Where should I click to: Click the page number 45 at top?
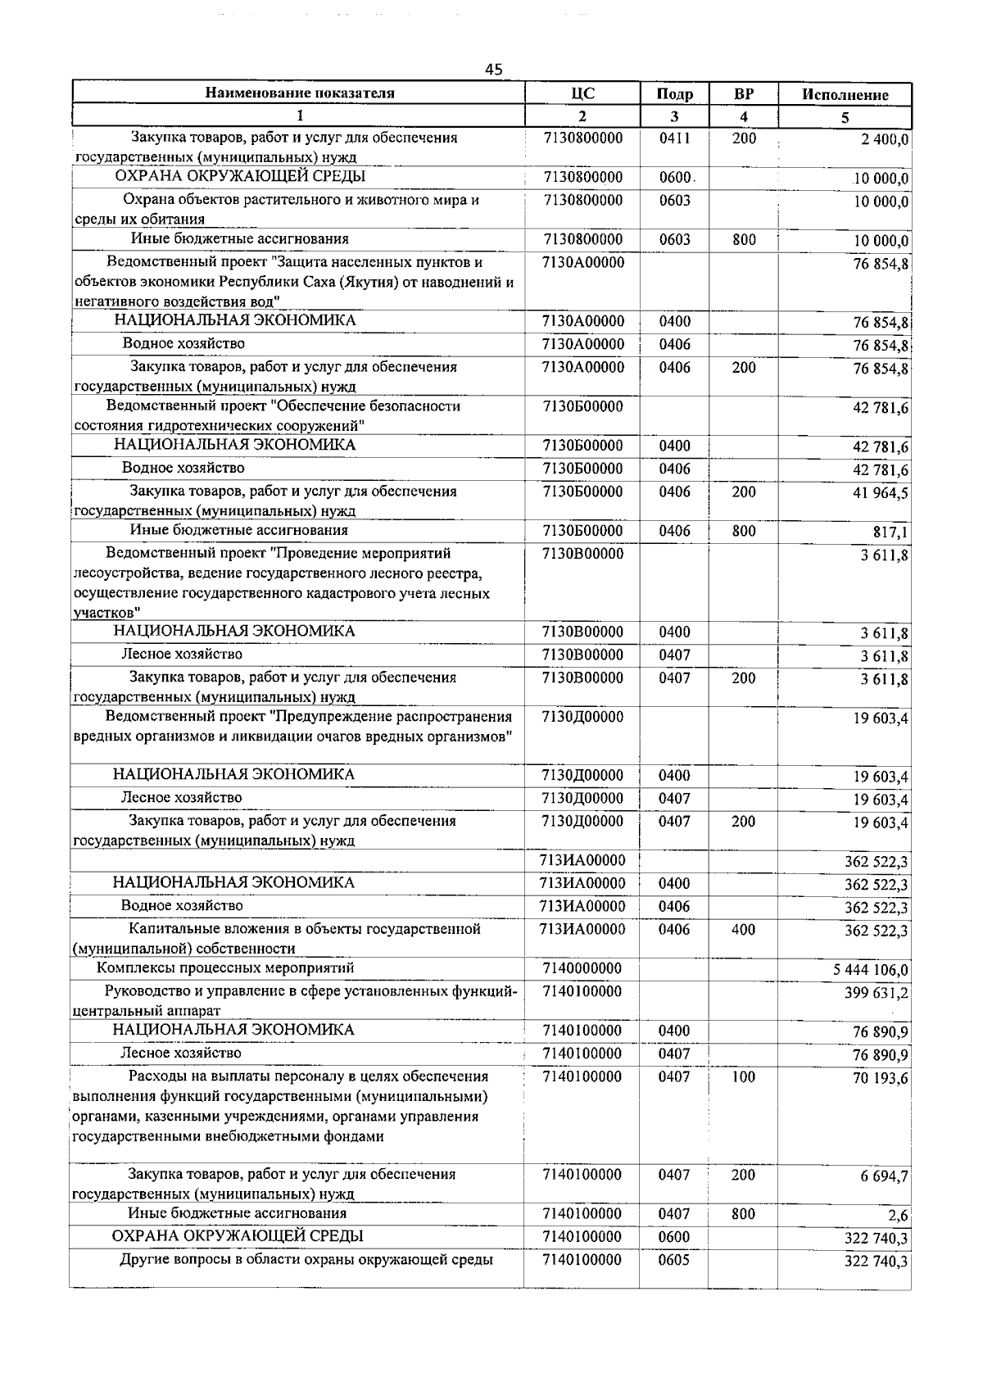click(493, 70)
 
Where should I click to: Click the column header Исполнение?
click(845, 94)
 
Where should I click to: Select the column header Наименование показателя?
click(299, 93)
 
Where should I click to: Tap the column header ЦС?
click(582, 93)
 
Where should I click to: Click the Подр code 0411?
click(674, 138)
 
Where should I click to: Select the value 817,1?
click(892, 533)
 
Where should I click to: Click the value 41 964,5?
click(881, 493)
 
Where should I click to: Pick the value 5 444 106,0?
click(870, 971)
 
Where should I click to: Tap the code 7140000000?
click(582, 968)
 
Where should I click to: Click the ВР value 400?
click(744, 930)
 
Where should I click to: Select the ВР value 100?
click(743, 1077)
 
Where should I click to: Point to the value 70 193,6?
click(881, 1079)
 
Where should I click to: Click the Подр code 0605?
click(674, 1260)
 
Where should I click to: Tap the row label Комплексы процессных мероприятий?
click(225, 968)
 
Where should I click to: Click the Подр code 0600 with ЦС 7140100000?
click(674, 1237)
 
